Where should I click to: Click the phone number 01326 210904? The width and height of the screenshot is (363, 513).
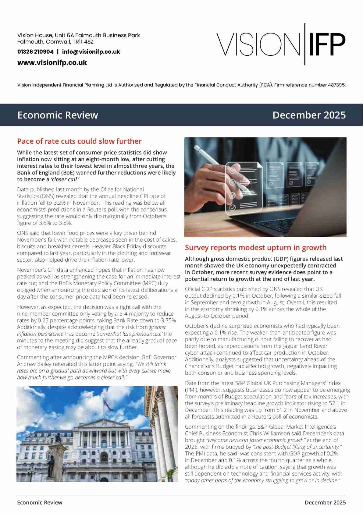point(35,52)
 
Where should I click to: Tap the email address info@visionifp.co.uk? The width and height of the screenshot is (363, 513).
point(91,52)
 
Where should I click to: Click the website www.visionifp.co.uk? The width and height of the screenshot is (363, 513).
point(52,63)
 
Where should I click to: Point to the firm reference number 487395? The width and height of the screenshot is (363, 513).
point(336,85)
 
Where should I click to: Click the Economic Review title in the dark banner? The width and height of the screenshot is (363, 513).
point(58,115)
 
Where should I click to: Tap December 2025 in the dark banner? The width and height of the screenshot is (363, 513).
point(309,115)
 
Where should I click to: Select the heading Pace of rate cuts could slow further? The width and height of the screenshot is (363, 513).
point(79,141)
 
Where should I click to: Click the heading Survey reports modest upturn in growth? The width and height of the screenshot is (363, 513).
point(255,248)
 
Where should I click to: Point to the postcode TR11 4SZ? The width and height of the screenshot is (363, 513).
point(83,42)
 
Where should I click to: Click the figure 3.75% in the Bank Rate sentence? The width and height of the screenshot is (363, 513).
point(169,320)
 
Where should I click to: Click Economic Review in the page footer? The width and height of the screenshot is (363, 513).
point(40,503)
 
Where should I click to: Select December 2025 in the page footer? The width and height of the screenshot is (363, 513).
point(325,503)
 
